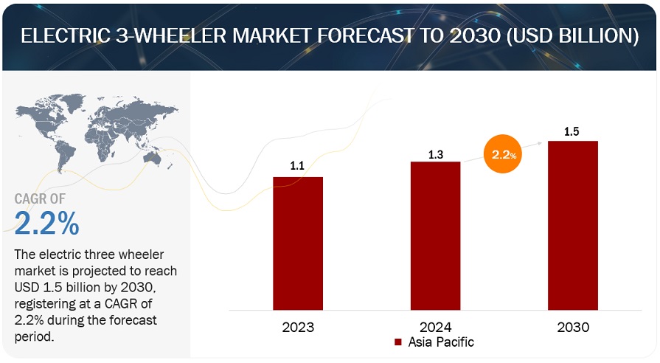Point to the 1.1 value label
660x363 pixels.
pos(297,167)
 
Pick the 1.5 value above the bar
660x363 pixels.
pos(572,131)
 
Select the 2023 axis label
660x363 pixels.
pos(298,327)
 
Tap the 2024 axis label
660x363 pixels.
pos(435,327)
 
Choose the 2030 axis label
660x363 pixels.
pos(572,327)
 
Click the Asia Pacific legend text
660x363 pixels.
pos(442,342)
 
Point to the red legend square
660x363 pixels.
pos(397,342)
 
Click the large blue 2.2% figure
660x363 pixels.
pos(46,222)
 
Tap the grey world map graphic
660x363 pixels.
pos(96,133)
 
